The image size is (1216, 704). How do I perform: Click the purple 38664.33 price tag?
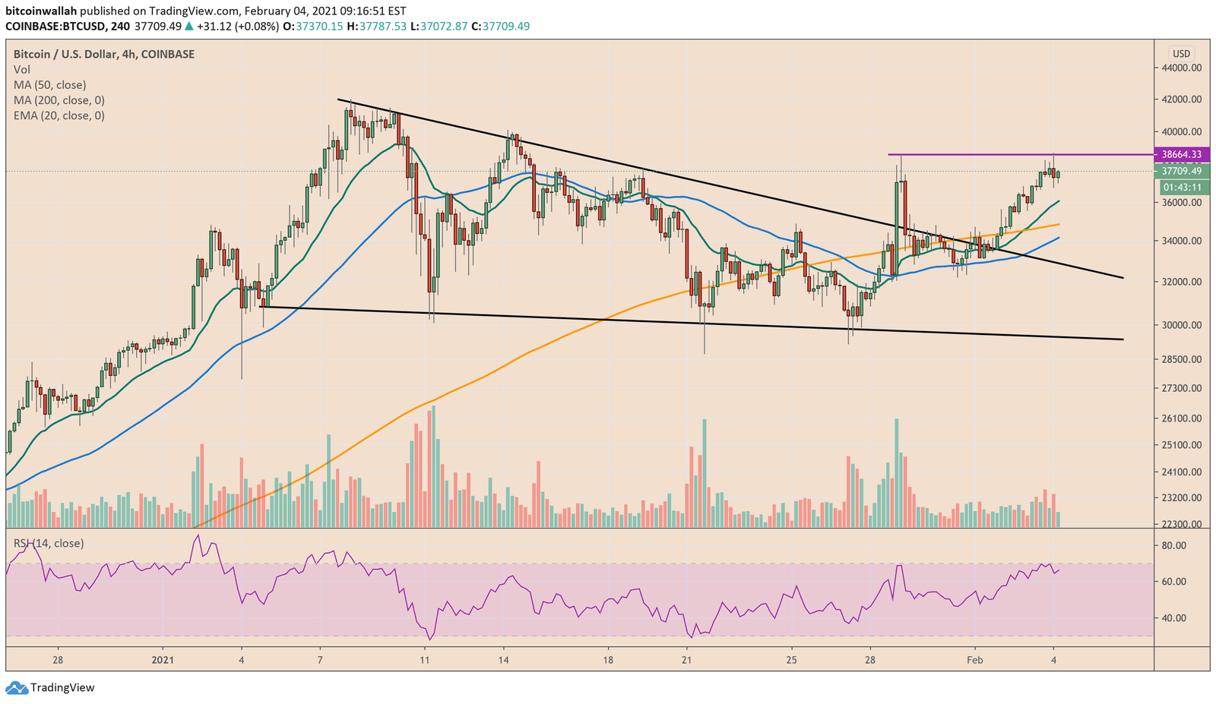tap(1181, 154)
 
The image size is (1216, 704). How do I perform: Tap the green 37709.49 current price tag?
tap(1181, 171)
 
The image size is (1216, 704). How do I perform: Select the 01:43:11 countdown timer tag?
tap(1181, 188)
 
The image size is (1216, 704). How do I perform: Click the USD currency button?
tap(1181, 53)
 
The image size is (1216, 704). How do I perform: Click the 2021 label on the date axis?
tap(163, 660)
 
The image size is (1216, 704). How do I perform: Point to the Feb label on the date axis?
tap(974, 660)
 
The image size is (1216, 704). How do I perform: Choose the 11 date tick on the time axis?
tap(425, 660)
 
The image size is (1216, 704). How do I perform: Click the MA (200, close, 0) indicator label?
tap(59, 100)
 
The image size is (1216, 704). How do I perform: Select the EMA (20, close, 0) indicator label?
tap(59, 115)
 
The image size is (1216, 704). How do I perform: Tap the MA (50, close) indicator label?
tap(50, 85)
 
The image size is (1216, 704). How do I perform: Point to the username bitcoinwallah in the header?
tap(40, 11)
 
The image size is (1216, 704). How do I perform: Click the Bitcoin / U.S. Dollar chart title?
tap(104, 54)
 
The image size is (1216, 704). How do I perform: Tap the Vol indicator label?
tap(22, 70)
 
